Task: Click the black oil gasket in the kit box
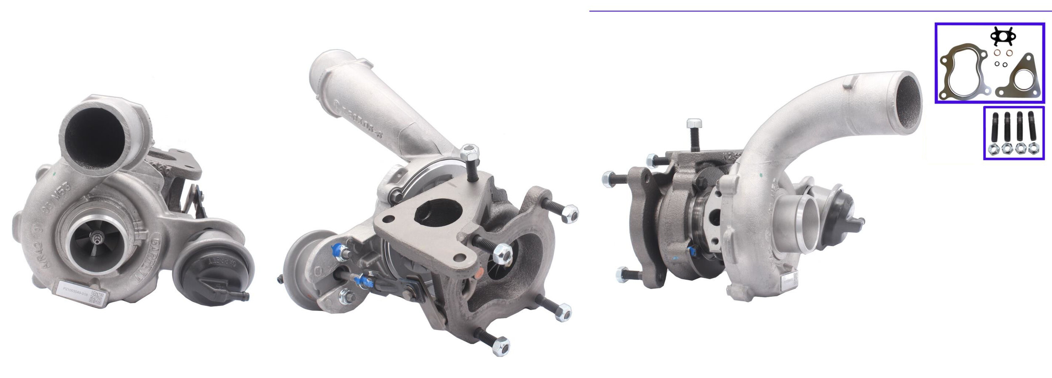(x=1002, y=37)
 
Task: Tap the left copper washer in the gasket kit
(x=996, y=53)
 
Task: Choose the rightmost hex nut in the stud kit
(x=1033, y=149)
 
